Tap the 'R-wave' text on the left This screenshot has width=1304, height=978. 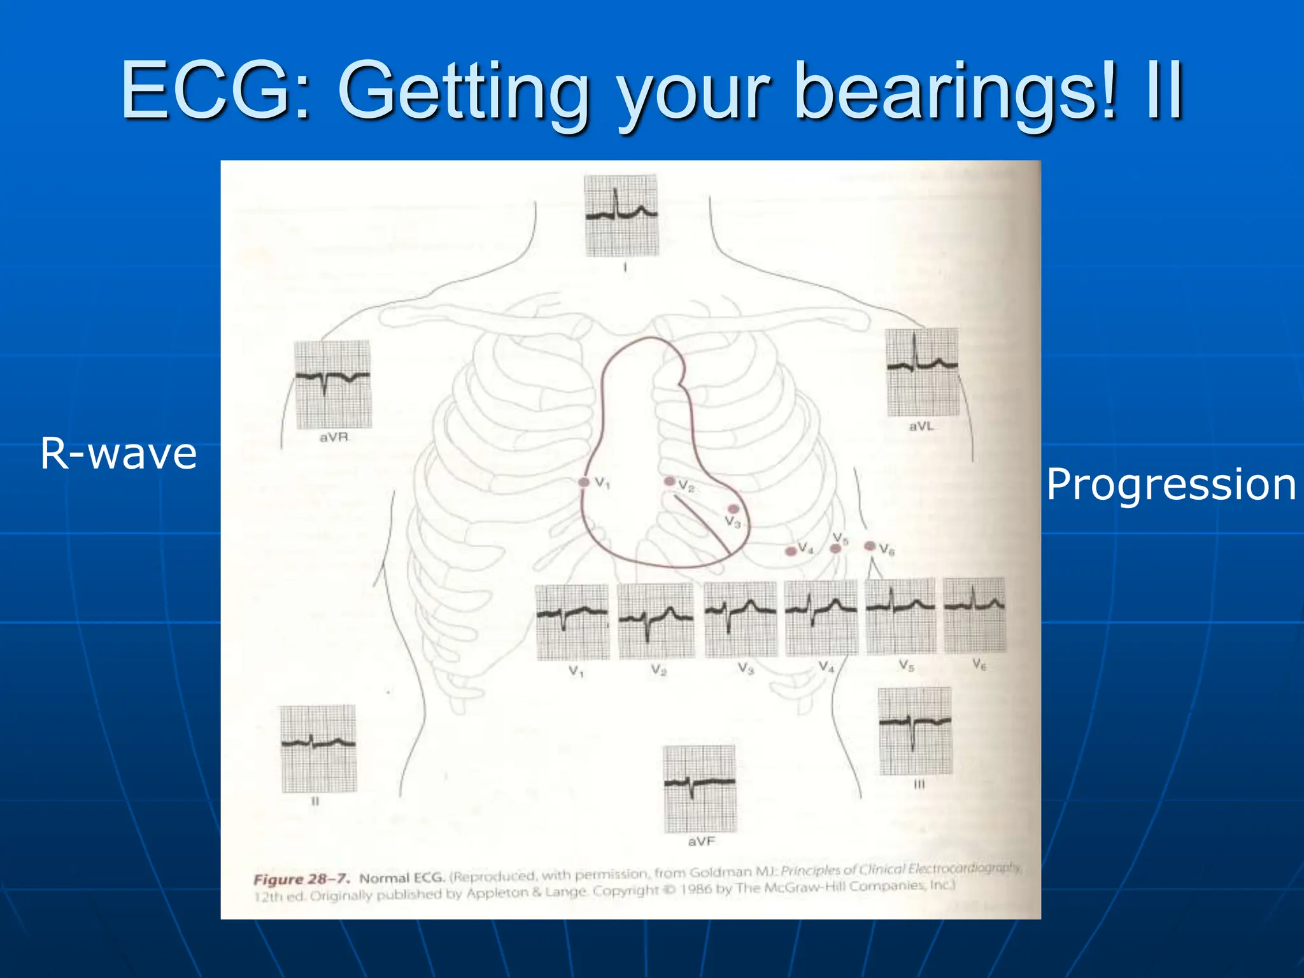pos(118,453)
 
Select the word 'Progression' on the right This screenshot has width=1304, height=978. pos(1170,485)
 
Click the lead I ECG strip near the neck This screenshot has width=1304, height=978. pos(621,216)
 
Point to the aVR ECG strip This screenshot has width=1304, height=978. pos(333,385)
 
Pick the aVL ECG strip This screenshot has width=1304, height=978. pos(923,372)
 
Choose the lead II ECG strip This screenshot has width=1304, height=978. pos(318,748)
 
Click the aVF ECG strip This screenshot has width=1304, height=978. pos(700,789)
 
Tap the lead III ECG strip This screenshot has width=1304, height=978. pos(915,731)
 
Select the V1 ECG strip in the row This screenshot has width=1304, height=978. pos(572,622)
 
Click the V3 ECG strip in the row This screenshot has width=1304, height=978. pos(741,619)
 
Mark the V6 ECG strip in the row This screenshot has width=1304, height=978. pos(974,615)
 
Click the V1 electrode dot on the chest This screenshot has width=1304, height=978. pos(584,482)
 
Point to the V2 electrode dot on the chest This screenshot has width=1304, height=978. pos(669,481)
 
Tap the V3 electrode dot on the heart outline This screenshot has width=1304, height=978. pos(733,509)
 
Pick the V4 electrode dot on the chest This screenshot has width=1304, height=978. pos(791,551)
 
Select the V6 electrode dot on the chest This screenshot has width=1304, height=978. pos(870,546)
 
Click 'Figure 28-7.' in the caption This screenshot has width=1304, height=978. pos(301,879)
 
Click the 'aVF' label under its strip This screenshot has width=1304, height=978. pos(701,842)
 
